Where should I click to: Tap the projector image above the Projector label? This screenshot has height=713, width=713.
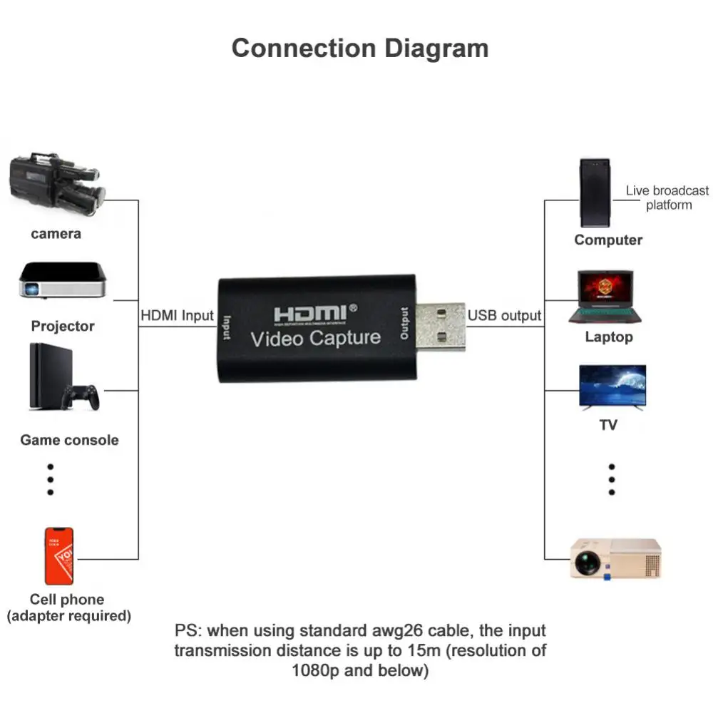click(63, 280)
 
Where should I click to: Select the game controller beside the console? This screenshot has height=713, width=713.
click(81, 396)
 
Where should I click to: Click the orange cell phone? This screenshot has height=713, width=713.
click(59, 556)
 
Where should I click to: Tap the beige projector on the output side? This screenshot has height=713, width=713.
click(615, 558)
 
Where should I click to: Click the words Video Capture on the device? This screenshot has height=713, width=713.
click(316, 337)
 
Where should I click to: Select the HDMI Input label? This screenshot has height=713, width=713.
click(177, 315)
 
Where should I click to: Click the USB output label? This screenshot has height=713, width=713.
click(504, 315)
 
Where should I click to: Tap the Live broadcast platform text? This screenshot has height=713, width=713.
click(668, 198)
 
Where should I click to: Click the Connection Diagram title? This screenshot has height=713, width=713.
click(360, 48)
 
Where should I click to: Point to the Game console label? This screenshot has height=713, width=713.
click(69, 440)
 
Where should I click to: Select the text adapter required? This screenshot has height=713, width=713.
click(69, 615)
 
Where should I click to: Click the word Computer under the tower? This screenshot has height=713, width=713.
click(608, 240)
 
